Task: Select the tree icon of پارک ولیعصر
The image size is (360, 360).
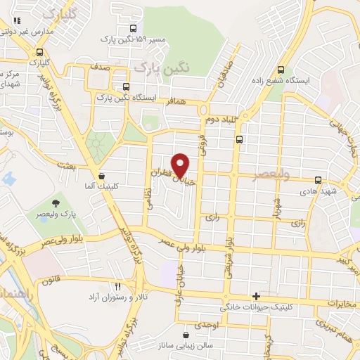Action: point(56,205)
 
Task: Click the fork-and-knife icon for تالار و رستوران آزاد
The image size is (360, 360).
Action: point(117,287)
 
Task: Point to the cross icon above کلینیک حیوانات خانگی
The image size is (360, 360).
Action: point(256,297)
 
